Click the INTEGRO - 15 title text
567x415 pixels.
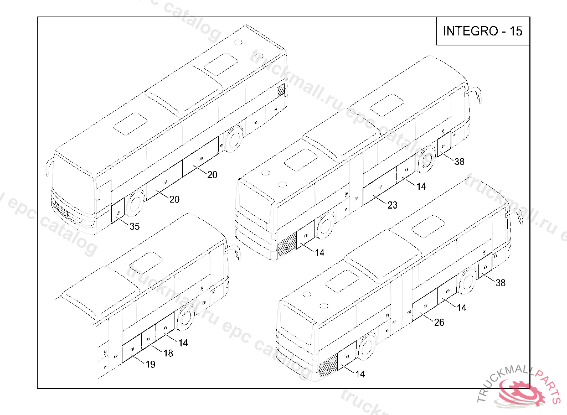point(482,31)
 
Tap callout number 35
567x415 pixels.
point(135,226)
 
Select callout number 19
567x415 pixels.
point(150,364)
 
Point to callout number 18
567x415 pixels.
point(168,353)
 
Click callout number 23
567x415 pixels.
point(392,205)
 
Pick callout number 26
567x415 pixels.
point(439,323)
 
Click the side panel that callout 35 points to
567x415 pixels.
point(118,212)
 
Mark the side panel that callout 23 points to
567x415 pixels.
point(379,189)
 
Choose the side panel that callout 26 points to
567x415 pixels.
point(425,307)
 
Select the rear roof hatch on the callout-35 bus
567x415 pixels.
point(221,64)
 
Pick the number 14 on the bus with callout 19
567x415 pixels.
point(183,343)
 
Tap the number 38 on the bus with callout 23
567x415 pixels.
point(459,162)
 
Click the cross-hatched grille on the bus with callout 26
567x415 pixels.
point(328,364)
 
